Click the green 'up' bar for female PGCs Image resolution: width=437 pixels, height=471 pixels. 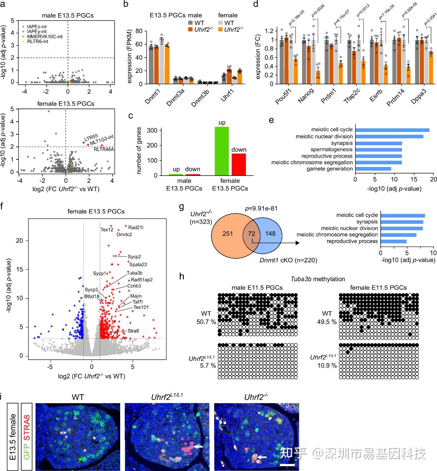(221, 151)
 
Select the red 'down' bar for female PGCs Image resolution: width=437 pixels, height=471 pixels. (239, 165)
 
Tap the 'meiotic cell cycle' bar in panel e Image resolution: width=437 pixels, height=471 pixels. (392, 130)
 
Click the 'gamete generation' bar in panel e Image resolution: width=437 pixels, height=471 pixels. (373, 169)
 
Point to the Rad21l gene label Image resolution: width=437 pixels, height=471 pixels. (136, 228)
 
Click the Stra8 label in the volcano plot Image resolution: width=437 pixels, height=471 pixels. (133, 331)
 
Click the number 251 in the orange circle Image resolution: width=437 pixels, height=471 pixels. (228, 234)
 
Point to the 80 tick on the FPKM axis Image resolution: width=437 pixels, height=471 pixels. (139, 31)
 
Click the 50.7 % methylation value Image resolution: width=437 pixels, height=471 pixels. (209, 322)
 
